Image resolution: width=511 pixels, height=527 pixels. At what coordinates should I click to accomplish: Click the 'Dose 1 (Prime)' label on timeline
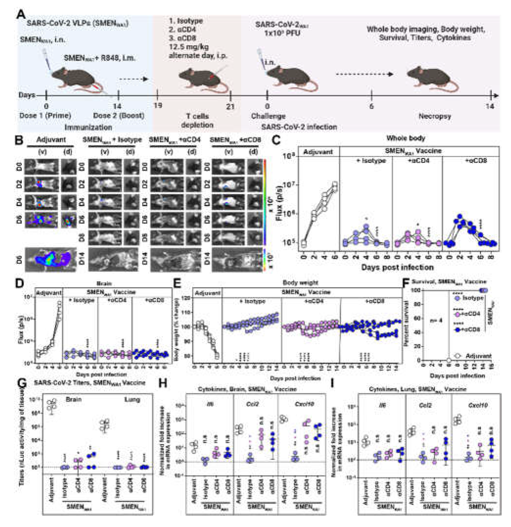(45, 116)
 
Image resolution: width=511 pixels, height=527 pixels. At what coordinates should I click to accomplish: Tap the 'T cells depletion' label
(197, 120)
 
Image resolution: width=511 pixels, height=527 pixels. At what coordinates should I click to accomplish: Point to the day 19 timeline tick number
(157, 105)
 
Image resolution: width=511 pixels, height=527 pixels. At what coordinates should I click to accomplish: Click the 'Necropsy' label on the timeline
(435, 116)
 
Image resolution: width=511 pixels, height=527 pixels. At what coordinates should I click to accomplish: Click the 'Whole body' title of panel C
(406, 138)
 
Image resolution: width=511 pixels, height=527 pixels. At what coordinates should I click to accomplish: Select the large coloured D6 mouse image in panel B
(50, 260)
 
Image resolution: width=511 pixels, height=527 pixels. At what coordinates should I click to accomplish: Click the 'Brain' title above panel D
(104, 283)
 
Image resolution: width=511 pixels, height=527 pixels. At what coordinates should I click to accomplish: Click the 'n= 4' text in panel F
(436, 321)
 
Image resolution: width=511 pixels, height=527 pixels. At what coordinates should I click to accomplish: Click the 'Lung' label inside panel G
(132, 400)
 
